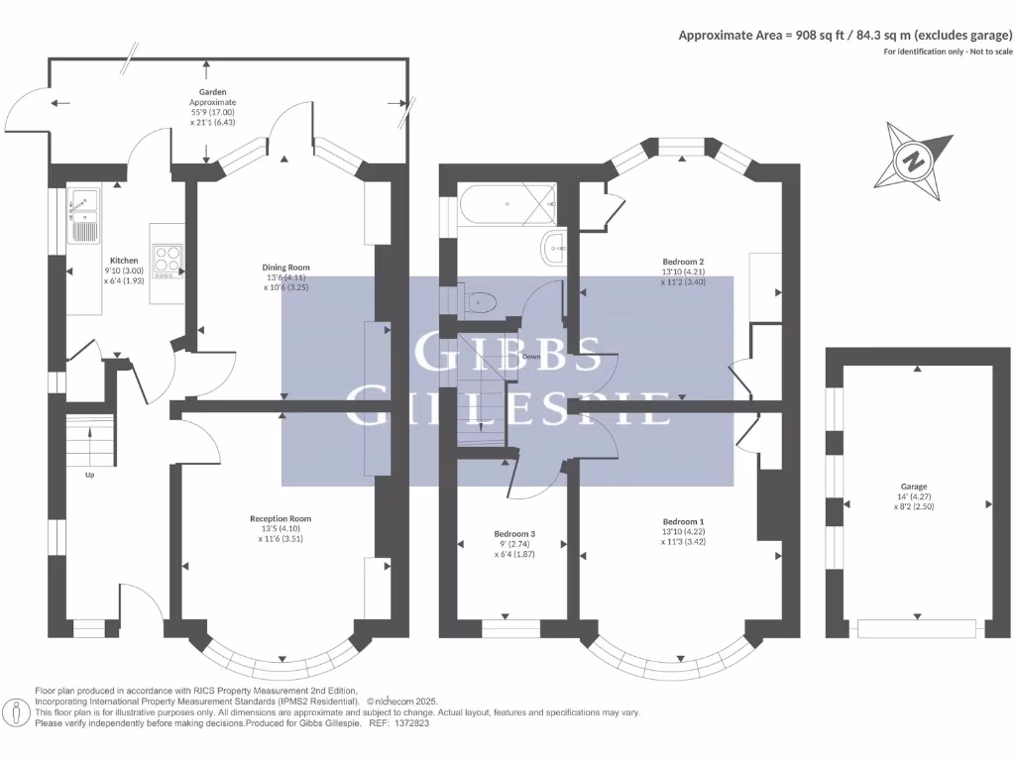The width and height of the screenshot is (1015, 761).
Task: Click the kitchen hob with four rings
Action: tap(169, 259)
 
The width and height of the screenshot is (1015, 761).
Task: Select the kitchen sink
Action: tap(83, 215)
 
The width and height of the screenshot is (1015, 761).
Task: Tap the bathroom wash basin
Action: tap(552, 247)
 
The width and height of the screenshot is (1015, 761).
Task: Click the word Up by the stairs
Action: tap(90, 475)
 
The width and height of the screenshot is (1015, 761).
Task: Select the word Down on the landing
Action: tap(531, 356)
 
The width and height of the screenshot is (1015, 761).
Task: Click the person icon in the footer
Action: tap(17, 711)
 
